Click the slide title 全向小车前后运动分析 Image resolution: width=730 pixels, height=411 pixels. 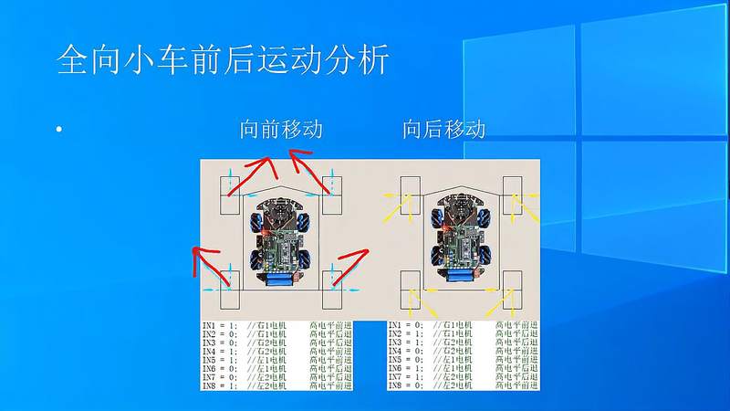[x=223, y=61]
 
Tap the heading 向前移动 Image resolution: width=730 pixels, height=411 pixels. [x=281, y=130]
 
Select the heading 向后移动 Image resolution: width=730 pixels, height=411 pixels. [x=443, y=130]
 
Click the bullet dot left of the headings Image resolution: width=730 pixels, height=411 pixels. [x=58, y=131]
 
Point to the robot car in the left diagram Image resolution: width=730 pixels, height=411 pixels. [x=282, y=238]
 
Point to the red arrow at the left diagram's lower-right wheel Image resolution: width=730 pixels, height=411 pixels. [x=352, y=264]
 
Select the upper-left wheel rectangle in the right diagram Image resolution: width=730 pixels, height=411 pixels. [x=410, y=195]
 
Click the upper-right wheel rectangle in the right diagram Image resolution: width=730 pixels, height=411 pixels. [x=511, y=195]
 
